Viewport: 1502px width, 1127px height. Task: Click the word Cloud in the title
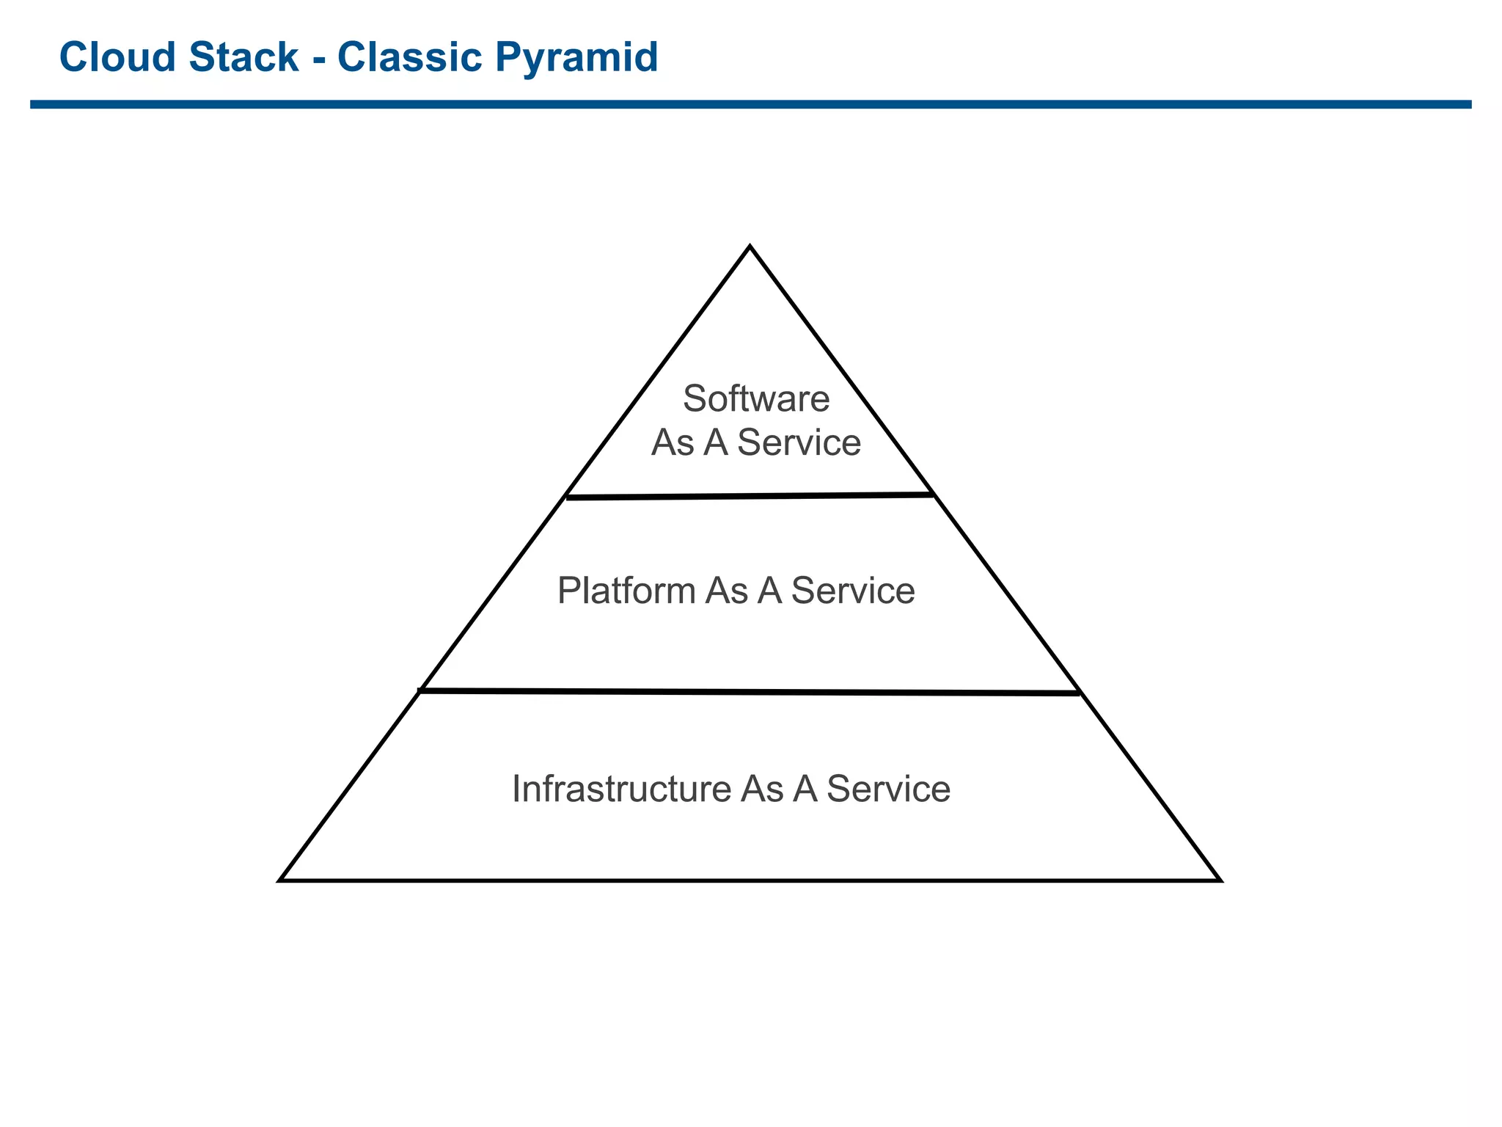(x=117, y=57)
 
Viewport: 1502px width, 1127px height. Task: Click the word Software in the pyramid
(x=756, y=399)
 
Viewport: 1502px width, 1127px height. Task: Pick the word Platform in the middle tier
(x=626, y=591)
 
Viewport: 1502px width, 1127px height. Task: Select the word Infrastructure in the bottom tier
(x=621, y=789)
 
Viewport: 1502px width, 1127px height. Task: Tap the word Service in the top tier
(x=799, y=443)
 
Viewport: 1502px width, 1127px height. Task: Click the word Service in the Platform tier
(x=853, y=591)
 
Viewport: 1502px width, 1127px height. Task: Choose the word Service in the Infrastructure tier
(x=888, y=789)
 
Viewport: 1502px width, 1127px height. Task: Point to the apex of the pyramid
(x=750, y=247)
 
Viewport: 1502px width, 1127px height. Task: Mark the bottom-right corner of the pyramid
(x=1219, y=879)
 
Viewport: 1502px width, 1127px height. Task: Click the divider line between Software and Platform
(x=750, y=497)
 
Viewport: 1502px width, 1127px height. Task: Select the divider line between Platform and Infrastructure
(x=750, y=691)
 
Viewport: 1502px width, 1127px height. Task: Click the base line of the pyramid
(x=750, y=880)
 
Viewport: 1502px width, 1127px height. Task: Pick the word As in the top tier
(x=672, y=443)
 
